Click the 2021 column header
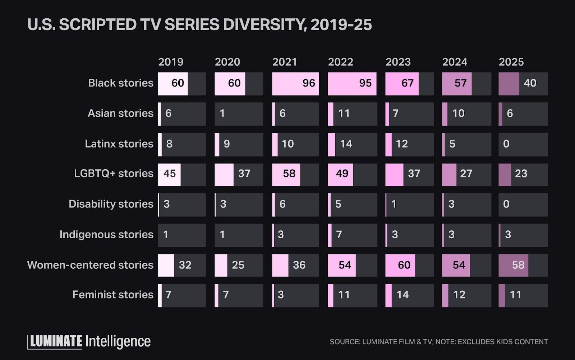284,62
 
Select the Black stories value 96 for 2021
308,83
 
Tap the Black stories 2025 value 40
530,83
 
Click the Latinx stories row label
119,144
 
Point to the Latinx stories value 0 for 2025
506,144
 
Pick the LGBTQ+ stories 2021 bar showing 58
289,174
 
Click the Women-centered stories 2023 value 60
404,265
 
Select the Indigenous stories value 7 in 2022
339,235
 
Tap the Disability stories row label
111,204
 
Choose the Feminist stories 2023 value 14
402,295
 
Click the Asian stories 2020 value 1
222,114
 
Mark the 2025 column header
511,62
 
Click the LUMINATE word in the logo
55,341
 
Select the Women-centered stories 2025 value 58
518,265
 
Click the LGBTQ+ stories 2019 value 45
169,174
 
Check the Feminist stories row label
113,295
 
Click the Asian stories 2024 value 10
458,114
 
